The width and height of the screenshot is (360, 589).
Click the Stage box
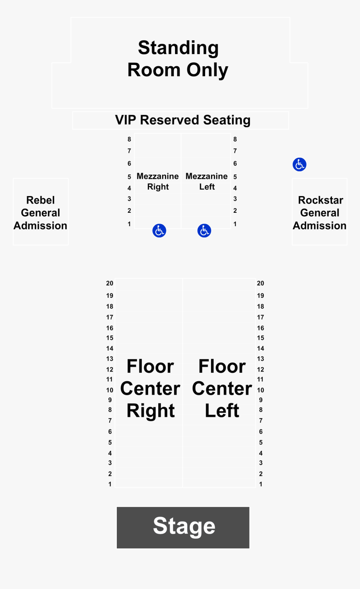(183, 527)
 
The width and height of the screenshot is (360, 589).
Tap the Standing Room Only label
(178, 59)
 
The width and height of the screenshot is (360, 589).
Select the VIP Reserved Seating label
(183, 120)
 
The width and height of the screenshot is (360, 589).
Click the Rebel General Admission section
(41, 212)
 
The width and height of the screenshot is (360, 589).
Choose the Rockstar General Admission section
(319, 212)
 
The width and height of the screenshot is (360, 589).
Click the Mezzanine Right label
(158, 181)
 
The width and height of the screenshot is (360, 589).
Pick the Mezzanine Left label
(206, 181)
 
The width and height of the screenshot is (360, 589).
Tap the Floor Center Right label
(150, 388)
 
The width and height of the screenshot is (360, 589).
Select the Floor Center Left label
(222, 388)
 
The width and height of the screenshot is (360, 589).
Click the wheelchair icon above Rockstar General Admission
(300, 165)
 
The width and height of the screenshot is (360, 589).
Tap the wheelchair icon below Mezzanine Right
(159, 230)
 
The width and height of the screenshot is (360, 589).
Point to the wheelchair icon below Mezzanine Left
(204, 230)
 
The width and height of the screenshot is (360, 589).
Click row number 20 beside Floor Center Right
(110, 283)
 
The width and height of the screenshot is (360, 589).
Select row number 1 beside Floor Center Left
(261, 484)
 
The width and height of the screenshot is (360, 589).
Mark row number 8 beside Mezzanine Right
(129, 139)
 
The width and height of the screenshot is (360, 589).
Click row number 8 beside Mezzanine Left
(235, 139)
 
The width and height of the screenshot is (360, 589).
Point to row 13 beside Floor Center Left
(260, 359)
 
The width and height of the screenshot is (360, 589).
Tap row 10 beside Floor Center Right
(110, 390)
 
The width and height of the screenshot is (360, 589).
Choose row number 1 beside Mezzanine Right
(129, 224)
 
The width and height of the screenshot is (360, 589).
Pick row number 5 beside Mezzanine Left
(235, 177)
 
